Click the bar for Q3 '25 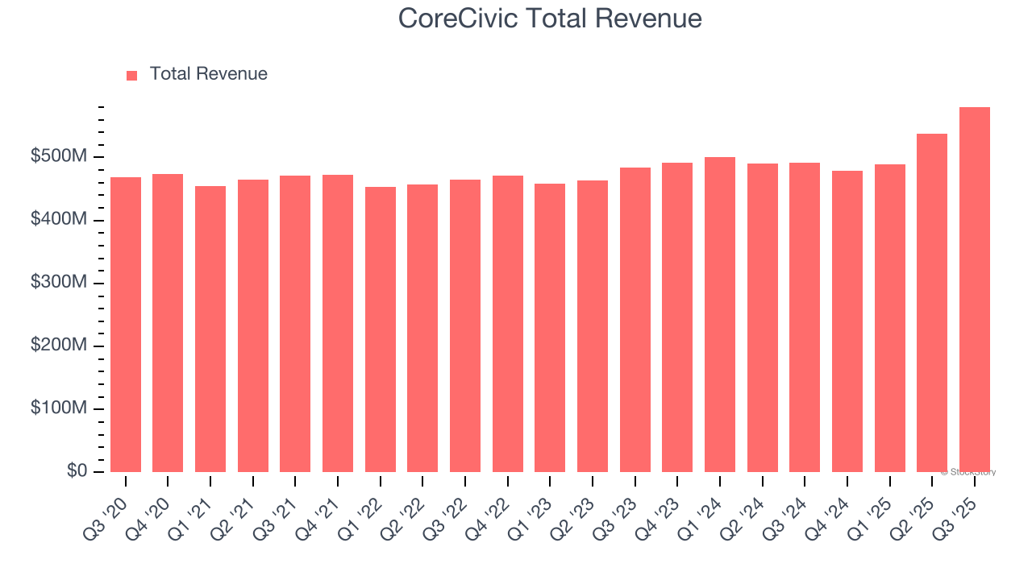click(975, 290)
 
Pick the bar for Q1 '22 click(381, 329)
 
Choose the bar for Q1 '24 click(720, 315)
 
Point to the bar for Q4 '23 click(677, 317)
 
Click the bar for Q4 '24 click(847, 321)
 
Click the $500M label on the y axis click(59, 156)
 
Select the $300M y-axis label click(59, 283)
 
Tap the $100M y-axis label click(59, 408)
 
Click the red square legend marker click(132, 75)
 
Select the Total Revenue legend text click(208, 74)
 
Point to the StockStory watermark click(968, 472)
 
